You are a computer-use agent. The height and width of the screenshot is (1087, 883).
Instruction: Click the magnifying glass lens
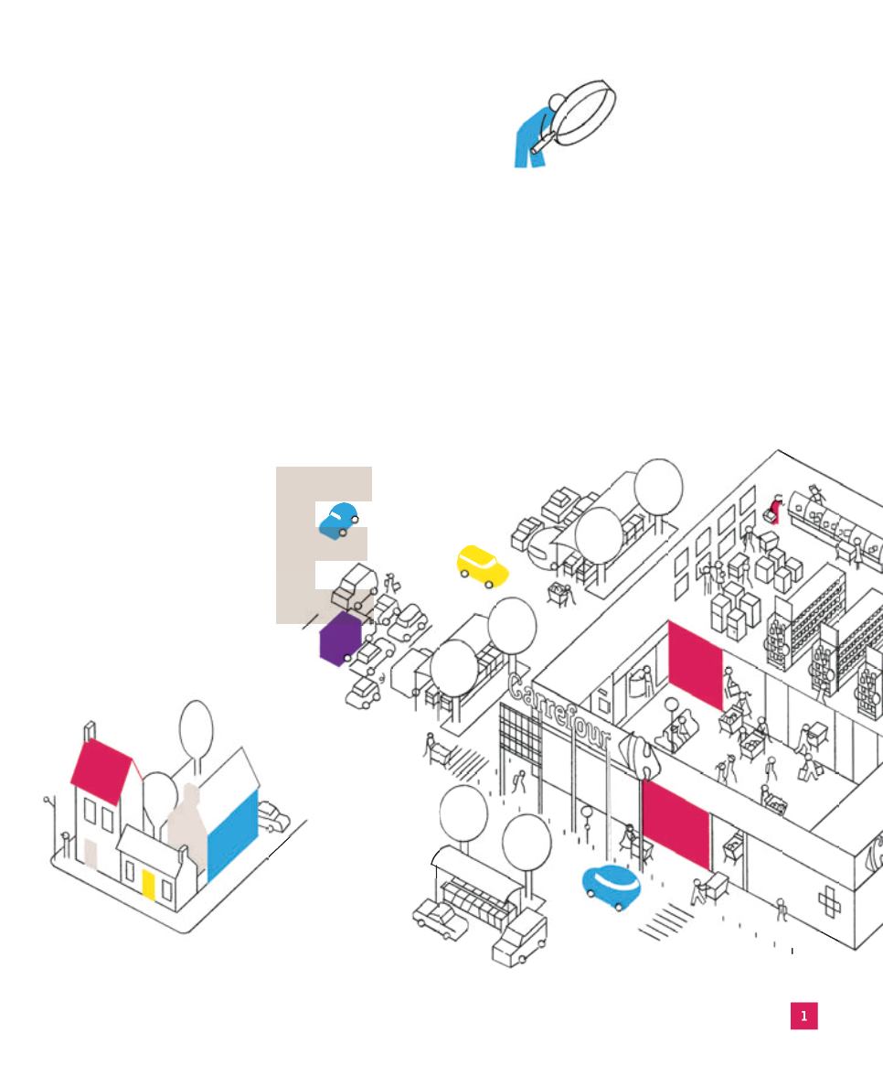pyautogui.click(x=584, y=113)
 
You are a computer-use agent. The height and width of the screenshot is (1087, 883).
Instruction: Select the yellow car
pyautogui.click(x=482, y=565)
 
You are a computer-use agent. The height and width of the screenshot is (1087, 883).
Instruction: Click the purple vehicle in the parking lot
pyautogui.click(x=341, y=639)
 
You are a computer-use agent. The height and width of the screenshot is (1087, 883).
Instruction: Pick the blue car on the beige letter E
pyautogui.click(x=338, y=521)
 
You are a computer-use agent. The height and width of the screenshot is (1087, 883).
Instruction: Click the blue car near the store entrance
pyautogui.click(x=611, y=887)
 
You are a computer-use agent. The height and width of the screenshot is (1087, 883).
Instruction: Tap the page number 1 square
pyautogui.click(x=804, y=1016)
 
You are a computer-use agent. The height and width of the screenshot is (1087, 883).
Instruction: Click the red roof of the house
pyautogui.click(x=101, y=770)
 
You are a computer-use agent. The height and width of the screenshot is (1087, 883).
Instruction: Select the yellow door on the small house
pyautogui.click(x=148, y=886)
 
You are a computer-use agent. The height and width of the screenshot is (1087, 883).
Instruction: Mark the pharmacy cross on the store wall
pyautogui.click(x=830, y=902)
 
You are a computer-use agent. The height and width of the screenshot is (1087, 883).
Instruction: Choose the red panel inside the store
pyautogui.click(x=696, y=665)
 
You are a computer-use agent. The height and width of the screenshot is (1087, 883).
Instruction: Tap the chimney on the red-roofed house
pyautogui.click(x=90, y=732)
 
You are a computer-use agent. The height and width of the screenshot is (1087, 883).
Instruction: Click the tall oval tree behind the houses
pyautogui.click(x=196, y=730)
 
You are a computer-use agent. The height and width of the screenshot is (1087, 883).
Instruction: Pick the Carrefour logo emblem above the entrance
pyautogui.click(x=637, y=757)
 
